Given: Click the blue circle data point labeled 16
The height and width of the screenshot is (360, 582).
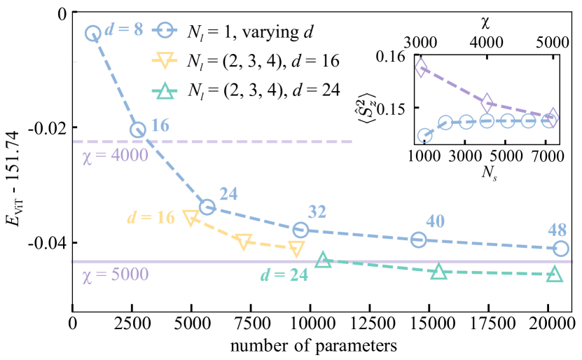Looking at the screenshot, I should (x=138, y=130).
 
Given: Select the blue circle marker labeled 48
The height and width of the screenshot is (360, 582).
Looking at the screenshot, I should (x=560, y=248).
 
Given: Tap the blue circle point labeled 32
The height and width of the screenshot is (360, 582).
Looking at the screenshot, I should (x=300, y=230).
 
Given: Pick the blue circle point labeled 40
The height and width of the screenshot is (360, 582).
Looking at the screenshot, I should (x=418, y=240).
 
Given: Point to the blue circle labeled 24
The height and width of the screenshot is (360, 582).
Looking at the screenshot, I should (x=207, y=207).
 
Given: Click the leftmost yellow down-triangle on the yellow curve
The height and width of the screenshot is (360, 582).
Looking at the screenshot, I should (x=190, y=218).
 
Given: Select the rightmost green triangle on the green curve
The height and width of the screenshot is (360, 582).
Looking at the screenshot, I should (x=554, y=273).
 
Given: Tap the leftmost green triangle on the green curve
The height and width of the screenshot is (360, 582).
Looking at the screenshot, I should (x=323, y=260).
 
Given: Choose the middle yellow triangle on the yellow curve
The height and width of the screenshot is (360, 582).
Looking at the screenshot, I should (x=244, y=242).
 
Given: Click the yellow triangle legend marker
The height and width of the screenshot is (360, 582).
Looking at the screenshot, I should (x=165, y=61).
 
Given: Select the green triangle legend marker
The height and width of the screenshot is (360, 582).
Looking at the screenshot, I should (x=165, y=91).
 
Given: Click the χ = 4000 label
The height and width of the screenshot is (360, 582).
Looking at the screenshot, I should (x=115, y=155).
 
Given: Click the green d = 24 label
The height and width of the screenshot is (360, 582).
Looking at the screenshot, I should (x=284, y=275).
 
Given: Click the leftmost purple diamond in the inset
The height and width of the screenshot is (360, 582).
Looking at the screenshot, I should (x=421, y=68).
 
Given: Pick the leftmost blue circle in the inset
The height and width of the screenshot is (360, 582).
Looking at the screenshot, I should (x=424, y=135).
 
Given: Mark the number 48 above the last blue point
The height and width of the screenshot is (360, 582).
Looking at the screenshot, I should (x=557, y=230).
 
